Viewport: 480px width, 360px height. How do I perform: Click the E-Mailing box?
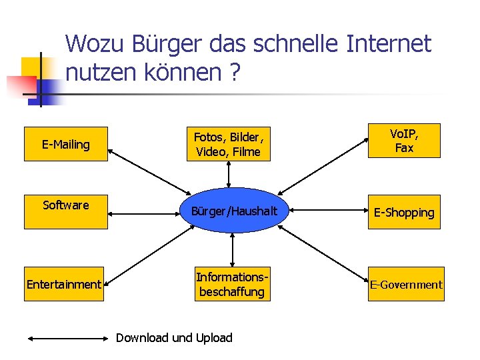(66, 144)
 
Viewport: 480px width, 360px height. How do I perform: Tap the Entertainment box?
(64, 285)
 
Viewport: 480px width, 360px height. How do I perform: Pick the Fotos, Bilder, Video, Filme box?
(229, 145)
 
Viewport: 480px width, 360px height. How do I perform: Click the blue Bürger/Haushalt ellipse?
(229, 211)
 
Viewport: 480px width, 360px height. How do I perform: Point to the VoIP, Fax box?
(404, 141)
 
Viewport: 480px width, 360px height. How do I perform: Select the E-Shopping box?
(404, 212)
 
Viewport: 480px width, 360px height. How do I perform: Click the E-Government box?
(406, 285)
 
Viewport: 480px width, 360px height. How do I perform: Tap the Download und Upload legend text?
(174, 337)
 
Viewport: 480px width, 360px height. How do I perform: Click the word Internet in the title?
(389, 44)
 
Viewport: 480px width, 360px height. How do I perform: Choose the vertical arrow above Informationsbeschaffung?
(232, 250)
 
